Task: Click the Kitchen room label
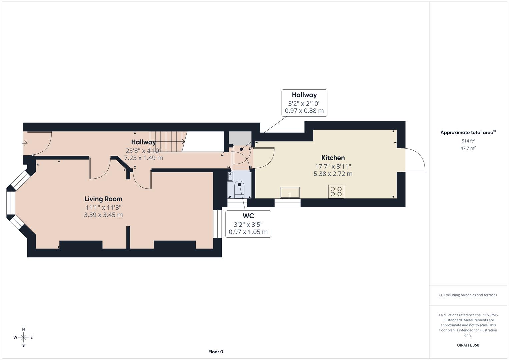(x=333, y=158)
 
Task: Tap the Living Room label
(x=103, y=199)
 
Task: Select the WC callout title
(x=248, y=216)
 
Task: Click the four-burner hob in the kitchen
(x=336, y=191)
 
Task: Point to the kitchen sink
(x=290, y=193)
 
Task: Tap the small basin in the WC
(x=230, y=176)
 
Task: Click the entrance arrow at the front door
(x=25, y=143)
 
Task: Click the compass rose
(x=23, y=337)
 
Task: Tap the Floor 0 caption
(x=216, y=352)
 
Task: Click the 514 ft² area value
(x=468, y=141)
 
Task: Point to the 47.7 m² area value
(x=468, y=148)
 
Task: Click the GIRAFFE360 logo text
(x=468, y=345)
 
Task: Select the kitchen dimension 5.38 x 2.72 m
(x=333, y=174)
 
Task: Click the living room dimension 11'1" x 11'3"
(x=103, y=207)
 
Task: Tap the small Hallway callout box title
(x=304, y=95)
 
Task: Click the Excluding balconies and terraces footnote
(x=468, y=295)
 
